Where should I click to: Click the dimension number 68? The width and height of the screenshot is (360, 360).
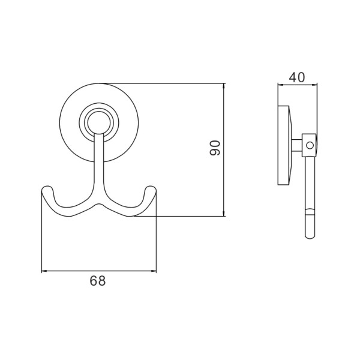(98, 281)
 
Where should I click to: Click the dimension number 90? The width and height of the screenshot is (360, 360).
(215, 148)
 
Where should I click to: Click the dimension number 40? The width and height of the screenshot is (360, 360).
(297, 77)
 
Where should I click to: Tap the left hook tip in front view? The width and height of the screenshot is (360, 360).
(47, 187)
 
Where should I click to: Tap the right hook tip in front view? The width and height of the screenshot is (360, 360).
(151, 187)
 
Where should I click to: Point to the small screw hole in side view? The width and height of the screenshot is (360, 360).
(310, 145)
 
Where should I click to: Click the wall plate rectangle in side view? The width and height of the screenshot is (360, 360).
(283, 145)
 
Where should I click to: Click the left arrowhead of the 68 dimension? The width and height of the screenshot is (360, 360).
(44, 271)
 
